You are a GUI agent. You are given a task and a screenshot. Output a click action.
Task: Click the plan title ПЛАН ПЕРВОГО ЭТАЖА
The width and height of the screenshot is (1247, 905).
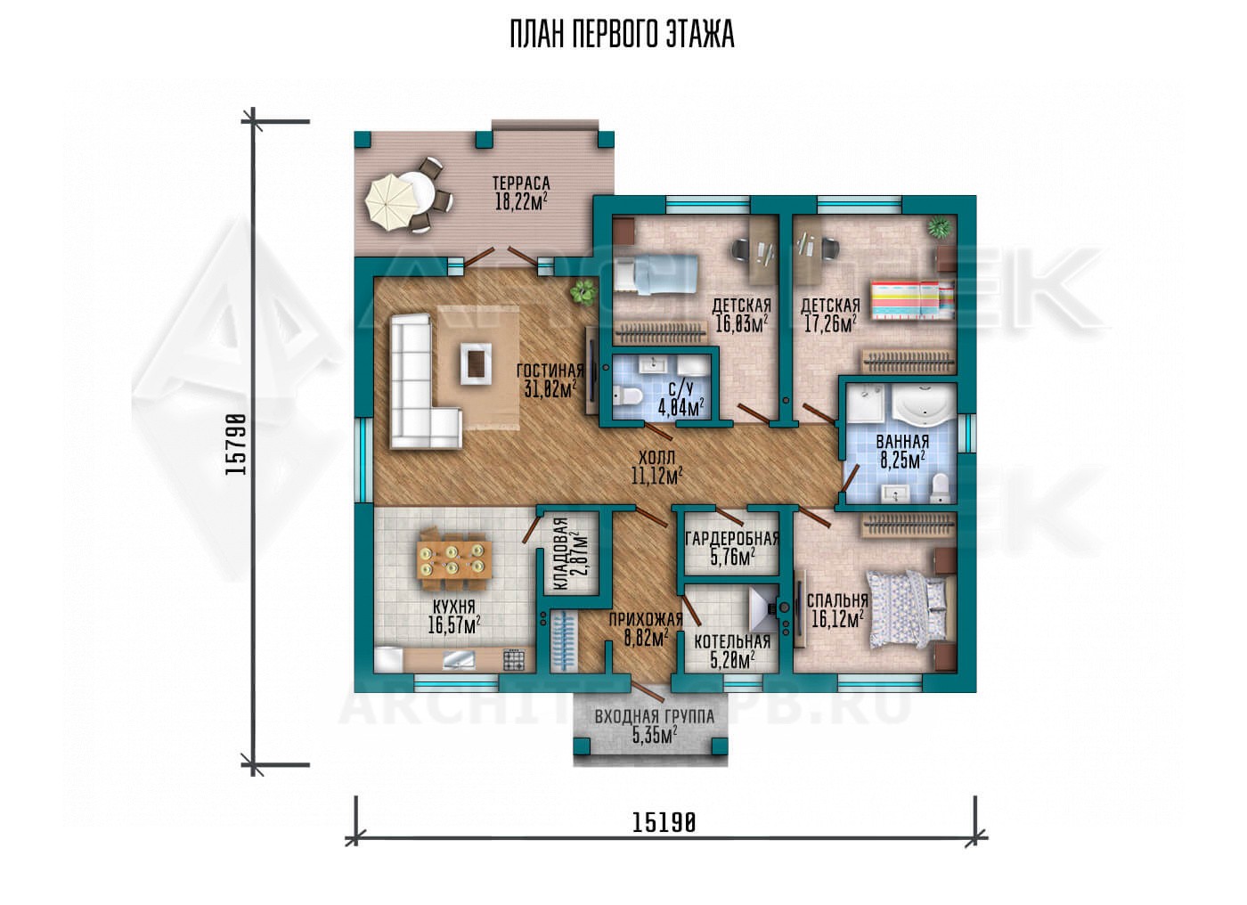622,35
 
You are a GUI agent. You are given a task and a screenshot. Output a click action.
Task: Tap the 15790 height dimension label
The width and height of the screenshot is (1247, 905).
235,444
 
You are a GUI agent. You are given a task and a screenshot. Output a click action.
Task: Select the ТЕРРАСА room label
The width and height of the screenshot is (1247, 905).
521,183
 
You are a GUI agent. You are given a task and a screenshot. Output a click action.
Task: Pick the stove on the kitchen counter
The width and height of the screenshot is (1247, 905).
513,660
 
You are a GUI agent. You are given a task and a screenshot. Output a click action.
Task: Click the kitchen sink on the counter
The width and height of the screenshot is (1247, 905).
459,660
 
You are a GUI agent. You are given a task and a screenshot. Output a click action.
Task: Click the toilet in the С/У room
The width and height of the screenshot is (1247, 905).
629,397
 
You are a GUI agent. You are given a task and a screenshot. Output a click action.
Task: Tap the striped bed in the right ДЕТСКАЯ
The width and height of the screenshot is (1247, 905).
912,300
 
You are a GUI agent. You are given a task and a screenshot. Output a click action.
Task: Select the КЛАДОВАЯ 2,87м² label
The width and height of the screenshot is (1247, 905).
570,554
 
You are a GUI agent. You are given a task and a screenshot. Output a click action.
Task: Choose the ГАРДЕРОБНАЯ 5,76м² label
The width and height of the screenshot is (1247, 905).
732,548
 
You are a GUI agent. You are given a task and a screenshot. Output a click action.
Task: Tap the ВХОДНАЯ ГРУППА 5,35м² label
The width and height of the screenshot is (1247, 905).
655,726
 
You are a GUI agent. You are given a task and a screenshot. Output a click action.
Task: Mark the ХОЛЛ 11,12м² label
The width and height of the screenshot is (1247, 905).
657,468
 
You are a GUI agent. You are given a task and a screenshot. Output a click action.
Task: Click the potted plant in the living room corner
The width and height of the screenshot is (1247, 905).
583,291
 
